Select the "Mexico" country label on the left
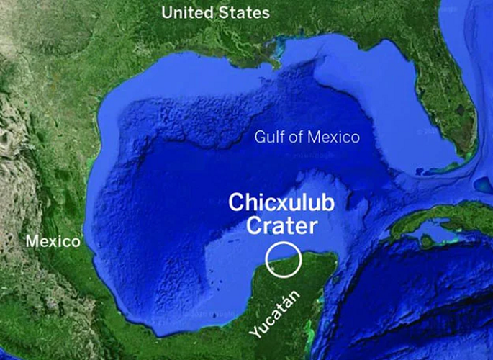tap(53, 241)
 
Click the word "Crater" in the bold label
tap(281, 227)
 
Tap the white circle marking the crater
tap(283, 259)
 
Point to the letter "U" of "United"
tap(167, 12)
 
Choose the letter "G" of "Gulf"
tap(259, 138)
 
